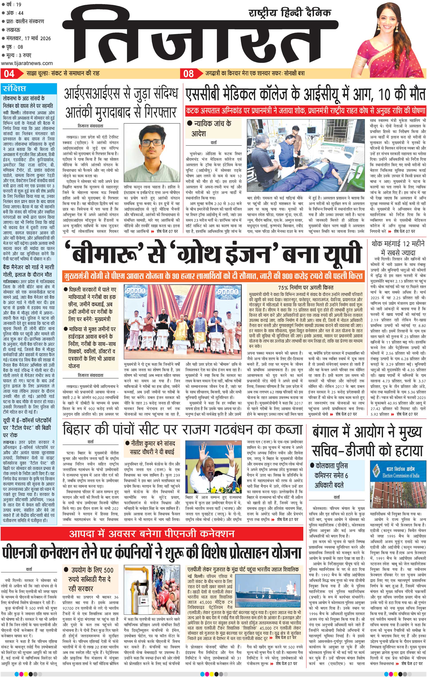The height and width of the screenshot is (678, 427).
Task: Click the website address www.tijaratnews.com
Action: (x=27, y=63)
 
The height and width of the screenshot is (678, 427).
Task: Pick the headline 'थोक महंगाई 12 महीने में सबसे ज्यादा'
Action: (x=397, y=248)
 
